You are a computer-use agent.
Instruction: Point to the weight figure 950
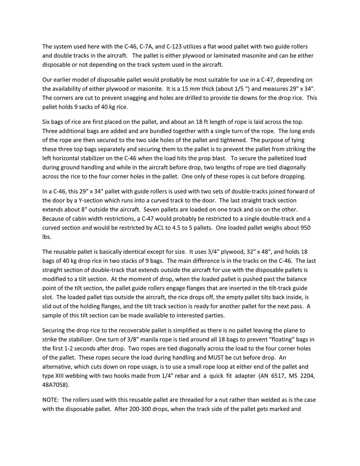click(x=305, y=228)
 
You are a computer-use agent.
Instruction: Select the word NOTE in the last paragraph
click(x=50, y=400)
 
